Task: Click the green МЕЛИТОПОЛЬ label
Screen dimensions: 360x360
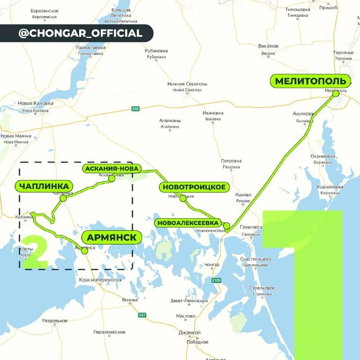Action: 310,81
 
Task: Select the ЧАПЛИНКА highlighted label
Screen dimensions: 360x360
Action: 44,186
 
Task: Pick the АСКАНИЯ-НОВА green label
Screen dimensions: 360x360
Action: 112,169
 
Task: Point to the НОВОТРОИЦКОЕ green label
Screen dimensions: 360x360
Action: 194,187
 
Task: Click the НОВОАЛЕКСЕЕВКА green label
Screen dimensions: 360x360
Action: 188,223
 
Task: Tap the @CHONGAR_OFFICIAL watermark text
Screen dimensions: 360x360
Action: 80,33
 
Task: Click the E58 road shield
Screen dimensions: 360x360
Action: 136,108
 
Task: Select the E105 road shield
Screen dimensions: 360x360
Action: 216,280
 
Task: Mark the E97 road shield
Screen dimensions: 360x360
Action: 142,315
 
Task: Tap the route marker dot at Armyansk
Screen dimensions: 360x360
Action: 84,251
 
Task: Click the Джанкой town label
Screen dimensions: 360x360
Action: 189,333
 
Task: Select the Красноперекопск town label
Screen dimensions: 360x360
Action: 100,279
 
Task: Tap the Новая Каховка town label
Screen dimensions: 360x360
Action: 36,103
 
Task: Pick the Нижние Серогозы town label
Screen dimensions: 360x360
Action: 187,84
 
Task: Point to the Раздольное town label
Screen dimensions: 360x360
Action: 54,321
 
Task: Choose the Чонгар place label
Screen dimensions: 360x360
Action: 211,265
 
